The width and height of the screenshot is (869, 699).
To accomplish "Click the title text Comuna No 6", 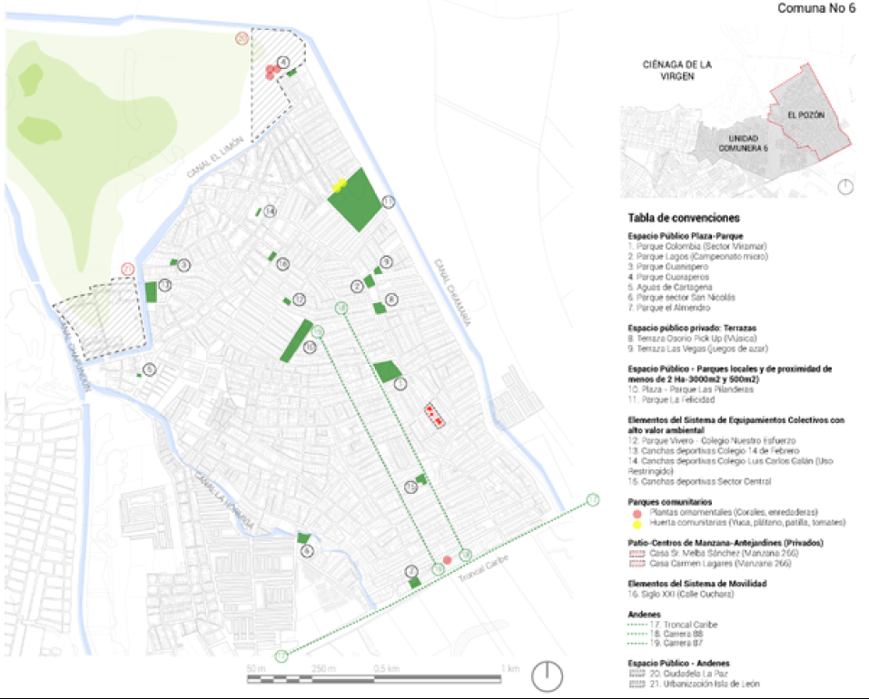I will [x=815, y=8].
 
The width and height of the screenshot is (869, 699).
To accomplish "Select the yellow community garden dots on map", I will [x=340, y=185].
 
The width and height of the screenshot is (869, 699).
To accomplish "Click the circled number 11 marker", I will [x=389, y=202].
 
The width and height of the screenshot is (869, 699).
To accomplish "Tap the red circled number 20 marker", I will [x=241, y=38].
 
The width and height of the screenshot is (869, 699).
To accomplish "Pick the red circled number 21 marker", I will [x=128, y=270].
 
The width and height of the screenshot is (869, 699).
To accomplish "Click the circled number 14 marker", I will [x=270, y=212].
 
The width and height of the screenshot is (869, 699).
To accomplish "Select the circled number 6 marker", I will [x=306, y=551].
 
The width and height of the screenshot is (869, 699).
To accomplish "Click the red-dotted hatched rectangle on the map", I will [x=435, y=416].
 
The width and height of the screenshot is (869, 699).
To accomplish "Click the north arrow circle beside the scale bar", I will [x=548, y=675].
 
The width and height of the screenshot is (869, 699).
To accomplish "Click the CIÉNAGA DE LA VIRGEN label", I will [x=677, y=71].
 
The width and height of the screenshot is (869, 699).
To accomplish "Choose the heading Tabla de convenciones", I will [x=683, y=219].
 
